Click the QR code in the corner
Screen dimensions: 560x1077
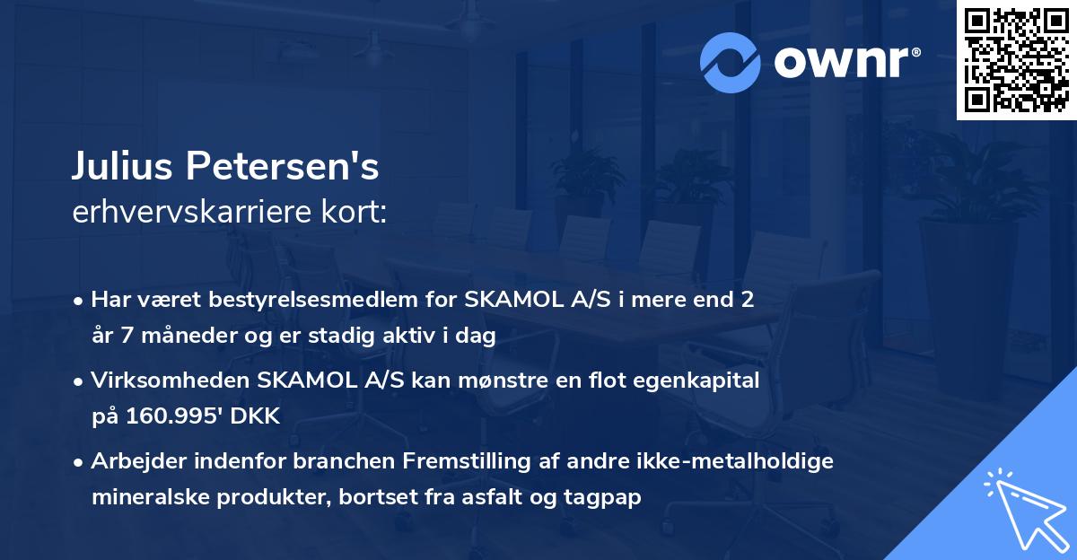click(x=1017, y=60)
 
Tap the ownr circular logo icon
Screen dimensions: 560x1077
click(x=730, y=63)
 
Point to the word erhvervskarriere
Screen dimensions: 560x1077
click(x=179, y=212)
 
